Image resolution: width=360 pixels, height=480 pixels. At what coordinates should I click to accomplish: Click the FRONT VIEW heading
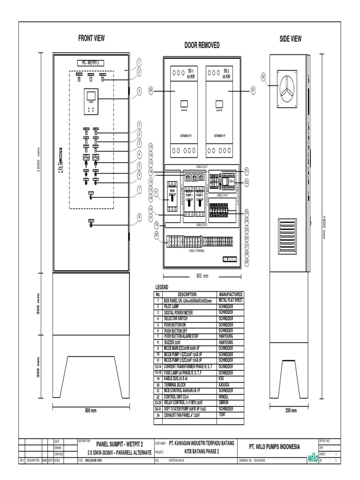coord(91,38)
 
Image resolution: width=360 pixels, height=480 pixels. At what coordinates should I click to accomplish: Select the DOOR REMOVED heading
coord(202,45)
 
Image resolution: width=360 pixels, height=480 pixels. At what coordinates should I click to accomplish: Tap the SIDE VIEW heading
coord(291,39)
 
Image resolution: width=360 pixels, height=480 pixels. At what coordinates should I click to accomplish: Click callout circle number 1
coord(139,62)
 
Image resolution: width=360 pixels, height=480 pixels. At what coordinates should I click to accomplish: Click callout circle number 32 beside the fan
coord(263,77)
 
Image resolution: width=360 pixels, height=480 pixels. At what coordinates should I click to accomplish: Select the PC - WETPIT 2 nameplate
coord(91,62)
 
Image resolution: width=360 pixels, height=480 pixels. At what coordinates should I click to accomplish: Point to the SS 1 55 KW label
coord(190,74)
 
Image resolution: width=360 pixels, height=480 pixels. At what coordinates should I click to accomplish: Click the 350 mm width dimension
coord(291,411)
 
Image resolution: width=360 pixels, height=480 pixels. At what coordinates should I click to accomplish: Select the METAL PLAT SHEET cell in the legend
coord(230,300)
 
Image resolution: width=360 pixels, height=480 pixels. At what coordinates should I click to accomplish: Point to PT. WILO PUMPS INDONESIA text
coord(274,447)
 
